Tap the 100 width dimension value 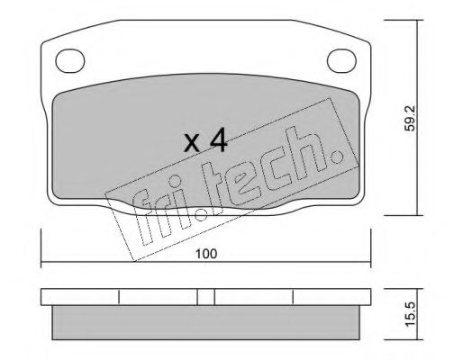(206, 255)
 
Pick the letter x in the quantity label (190, 144)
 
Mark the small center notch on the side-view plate (206, 298)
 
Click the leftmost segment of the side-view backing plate (80, 298)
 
